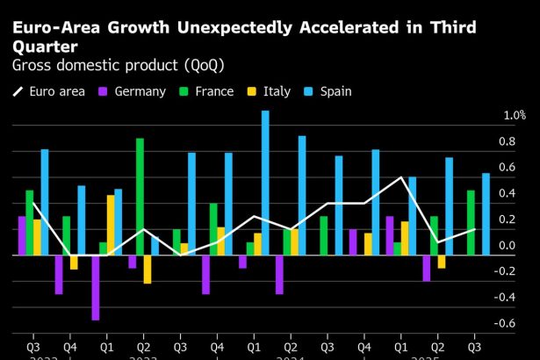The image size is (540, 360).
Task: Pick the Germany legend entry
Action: [x=132, y=90]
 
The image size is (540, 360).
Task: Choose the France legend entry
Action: [x=207, y=90]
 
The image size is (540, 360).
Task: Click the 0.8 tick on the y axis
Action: [x=507, y=141]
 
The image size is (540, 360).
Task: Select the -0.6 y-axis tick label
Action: [x=505, y=323]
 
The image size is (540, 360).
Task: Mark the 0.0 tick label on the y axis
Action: [x=507, y=246]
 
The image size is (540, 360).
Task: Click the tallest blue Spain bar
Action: [x=265, y=183]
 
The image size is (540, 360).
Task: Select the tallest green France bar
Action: [x=140, y=197]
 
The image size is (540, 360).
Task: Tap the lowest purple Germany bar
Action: [x=95, y=287]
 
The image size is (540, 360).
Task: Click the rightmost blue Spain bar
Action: [x=486, y=214]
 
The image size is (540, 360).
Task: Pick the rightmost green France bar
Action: [x=471, y=223]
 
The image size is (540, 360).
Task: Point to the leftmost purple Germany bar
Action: [x=22, y=235]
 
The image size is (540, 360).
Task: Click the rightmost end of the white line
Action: [x=475, y=229]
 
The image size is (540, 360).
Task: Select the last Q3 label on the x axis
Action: [x=475, y=346]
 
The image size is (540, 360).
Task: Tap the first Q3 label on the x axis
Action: [x=33, y=346]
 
